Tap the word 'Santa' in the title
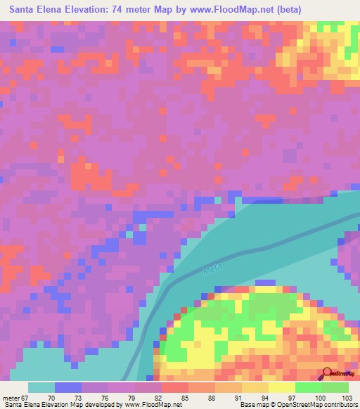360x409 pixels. point(25,10)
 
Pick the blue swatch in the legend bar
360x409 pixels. point(68,387)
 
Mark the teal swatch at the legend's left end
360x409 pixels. point(41,387)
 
